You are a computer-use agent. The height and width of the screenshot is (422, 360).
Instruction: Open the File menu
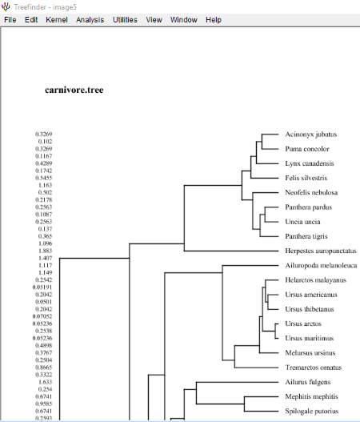pyautogui.click(x=10, y=20)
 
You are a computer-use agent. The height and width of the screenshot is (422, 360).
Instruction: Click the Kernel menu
pyautogui.click(x=57, y=20)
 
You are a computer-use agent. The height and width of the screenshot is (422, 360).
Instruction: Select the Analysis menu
pyautogui.click(x=90, y=20)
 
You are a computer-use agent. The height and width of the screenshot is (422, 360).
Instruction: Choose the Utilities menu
pyautogui.click(x=125, y=20)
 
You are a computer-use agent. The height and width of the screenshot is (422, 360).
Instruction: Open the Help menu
pyautogui.click(x=214, y=20)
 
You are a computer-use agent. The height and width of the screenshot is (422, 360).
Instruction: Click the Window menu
pyautogui.click(x=184, y=20)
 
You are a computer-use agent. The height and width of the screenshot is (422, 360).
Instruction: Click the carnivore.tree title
pyautogui.click(x=74, y=90)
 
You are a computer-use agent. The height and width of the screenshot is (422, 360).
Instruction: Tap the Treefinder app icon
pyautogui.click(x=6, y=6)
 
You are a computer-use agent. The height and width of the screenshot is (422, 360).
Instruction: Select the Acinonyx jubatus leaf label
pyautogui.click(x=311, y=135)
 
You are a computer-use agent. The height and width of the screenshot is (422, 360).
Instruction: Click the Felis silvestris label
pyautogui.click(x=306, y=178)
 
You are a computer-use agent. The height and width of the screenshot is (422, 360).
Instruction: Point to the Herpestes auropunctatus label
pyautogui.click(x=321, y=251)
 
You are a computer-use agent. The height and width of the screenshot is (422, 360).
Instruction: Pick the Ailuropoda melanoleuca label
pyautogui.click(x=321, y=265)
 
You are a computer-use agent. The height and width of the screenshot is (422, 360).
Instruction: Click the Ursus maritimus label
pyautogui.click(x=310, y=338)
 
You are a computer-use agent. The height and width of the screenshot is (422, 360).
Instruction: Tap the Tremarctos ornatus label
pyautogui.click(x=314, y=368)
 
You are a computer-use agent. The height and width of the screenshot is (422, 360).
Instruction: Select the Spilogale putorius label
pyautogui.click(x=312, y=412)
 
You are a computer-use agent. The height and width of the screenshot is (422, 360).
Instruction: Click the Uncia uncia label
pyautogui.click(x=302, y=222)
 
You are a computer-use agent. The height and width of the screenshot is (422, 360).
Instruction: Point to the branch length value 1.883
pyautogui.click(x=45, y=251)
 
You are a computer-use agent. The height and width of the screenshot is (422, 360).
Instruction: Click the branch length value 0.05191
pyautogui.click(x=42, y=287)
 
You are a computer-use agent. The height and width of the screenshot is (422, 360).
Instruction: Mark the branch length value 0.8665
pyautogui.click(x=44, y=368)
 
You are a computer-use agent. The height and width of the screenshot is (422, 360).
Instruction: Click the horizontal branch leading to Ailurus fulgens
pyautogui.click(x=238, y=382)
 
